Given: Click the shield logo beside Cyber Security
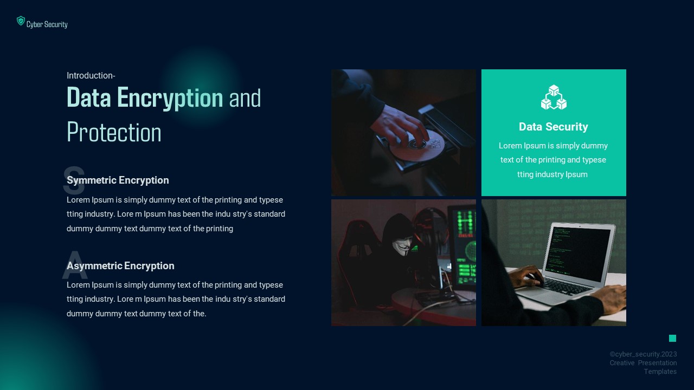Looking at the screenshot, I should pyautogui.click(x=21, y=21).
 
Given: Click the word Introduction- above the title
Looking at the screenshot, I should pyautogui.click(x=91, y=76).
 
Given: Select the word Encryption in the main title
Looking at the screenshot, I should pyautogui.click(x=170, y=98).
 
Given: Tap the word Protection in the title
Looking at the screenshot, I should pyautogui.click(x=114, y=133).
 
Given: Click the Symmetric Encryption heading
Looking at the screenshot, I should pyautogui.click(x=118, y=180).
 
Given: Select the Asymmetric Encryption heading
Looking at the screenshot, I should pyautogui.click(x=120, y=266).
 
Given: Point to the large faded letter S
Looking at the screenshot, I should pyautogui.click(x=74, y=182).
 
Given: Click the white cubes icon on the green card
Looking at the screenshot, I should pyautogui.click(x=554, y=97).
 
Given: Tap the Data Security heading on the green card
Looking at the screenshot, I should pyautogui.click(x=553, y=127).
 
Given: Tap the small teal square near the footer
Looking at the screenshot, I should pyautogui.click(x=672, y=339).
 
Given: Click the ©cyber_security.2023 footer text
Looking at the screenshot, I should pyautogui.click(x=643, y=354).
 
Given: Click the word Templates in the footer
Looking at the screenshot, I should pyautogui.click(x=660, y=372).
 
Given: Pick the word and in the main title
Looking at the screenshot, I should pyautogui.click(x=245, y=98).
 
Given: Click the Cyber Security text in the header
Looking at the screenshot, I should pyautogui.click(x=47, y=24).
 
